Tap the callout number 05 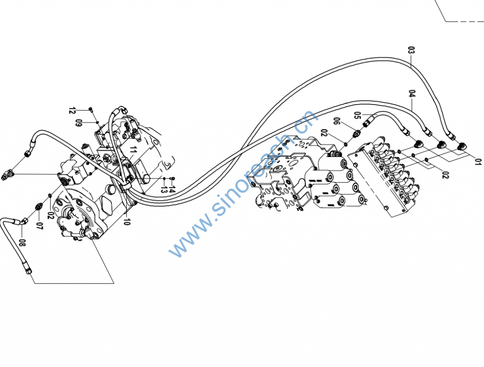[x=358, y=115]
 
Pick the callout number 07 [x=39, y=226]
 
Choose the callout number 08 [x=22, y=244]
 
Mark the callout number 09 [x=79, y=123]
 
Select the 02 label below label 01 [x=445, y=175]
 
